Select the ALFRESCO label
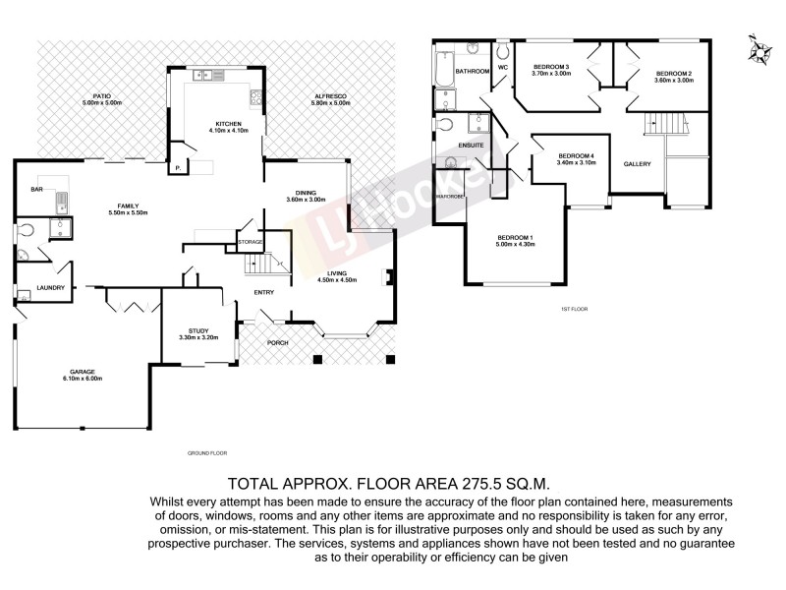coord(329,95)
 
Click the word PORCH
coord(279,343)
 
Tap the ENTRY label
coord(264,292)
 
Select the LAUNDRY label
coord(50,288)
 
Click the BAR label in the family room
coord(36,189)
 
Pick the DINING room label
coord(305,193)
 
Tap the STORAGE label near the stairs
coord(250,241)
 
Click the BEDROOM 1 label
coord(515,238)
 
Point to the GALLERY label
coord(637,163)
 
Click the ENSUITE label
coord(471,145)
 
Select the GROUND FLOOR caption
coord(206,453)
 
